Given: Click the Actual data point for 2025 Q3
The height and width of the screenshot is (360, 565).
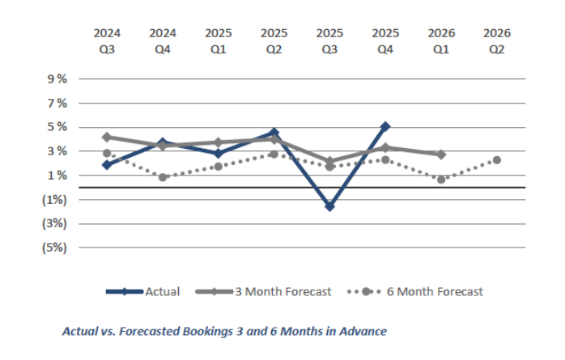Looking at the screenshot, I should click(x=329, y=206).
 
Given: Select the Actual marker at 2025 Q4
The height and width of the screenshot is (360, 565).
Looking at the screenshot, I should click(x=385, y=126).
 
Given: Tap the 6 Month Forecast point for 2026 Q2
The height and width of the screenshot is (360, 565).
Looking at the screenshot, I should click(x=496, y=160).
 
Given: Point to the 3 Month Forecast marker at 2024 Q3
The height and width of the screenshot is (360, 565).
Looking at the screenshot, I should click(x=107, y=137).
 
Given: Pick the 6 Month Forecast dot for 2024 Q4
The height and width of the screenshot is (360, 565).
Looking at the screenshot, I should click(x=163, y=177).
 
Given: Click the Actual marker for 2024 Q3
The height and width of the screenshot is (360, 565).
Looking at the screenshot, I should click(x=107, y=164).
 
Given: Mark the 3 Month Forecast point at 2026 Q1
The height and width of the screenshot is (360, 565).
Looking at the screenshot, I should click(x=441, y=154).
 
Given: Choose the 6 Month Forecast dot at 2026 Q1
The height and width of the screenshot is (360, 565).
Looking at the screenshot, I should click(x=441, y=180).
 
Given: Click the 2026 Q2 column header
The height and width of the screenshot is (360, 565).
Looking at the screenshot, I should click(x=496, y=40).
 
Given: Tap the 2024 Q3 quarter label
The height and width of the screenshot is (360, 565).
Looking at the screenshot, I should click(x=107, y=40).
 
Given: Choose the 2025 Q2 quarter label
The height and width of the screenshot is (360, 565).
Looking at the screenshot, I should click(x=274, y=40).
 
